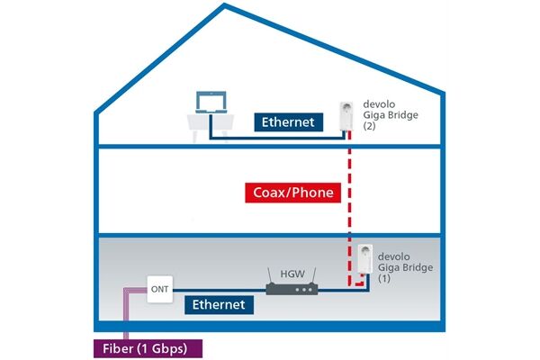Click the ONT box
[x=160, y=290]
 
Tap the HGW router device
[x=292, y=283]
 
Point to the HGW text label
[x=292, y=274]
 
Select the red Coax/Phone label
[x=293, y=193]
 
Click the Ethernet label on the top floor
[x=289, y=122]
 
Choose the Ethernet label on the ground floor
[x=219, y=305]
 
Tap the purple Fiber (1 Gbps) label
[x=148, y=348]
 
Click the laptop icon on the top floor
[x=211, y=102]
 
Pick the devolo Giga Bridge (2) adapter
[x=346, y=116]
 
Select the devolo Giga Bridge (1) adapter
[x=364, y=259]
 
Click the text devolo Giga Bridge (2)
[x=391, y=114]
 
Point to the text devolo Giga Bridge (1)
[x=405, y=267]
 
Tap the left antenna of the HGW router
[x=270, y=275]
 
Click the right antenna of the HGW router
[x=313, y=275]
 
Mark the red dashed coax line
[x=349, y=209]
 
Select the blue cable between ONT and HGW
[x=220, y=291]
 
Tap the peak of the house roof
[x=224, y=4]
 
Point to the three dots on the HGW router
[x=304, y=290]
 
